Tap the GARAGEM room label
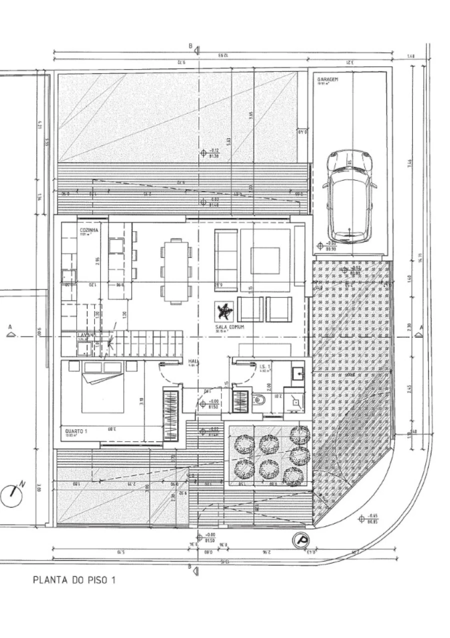[328, 79]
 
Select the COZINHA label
[89, 230]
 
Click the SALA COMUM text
[219, 326]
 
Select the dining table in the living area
[175, 271]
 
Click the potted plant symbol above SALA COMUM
[223, 311]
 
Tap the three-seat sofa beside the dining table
[226, 260]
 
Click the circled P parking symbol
[301, 540]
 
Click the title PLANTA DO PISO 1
[74, 580]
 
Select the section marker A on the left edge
[9, 329]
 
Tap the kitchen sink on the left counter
[68, 276]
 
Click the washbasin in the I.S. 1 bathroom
[297, 373]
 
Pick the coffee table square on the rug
[265, 260]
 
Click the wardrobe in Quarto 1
[170, 415]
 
